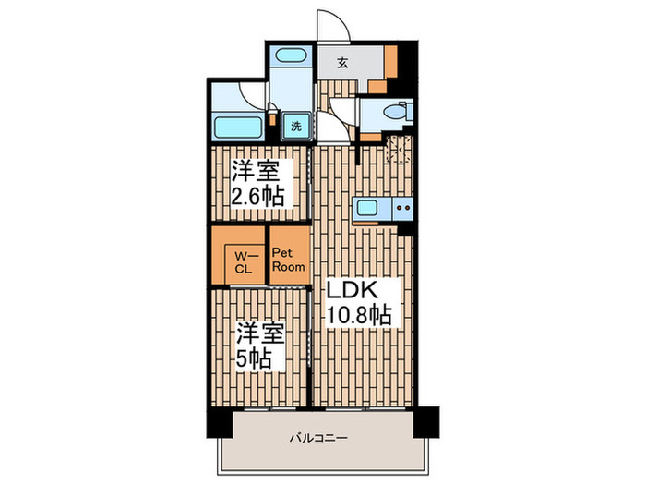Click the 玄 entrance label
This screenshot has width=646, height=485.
[x=341, y=63]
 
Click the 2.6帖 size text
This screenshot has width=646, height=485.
[x=257, y=196]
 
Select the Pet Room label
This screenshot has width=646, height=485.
[x=288, y=259]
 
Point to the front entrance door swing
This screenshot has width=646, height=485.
[x=328, y=26]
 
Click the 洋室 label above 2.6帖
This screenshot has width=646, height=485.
[x=257, y=171]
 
